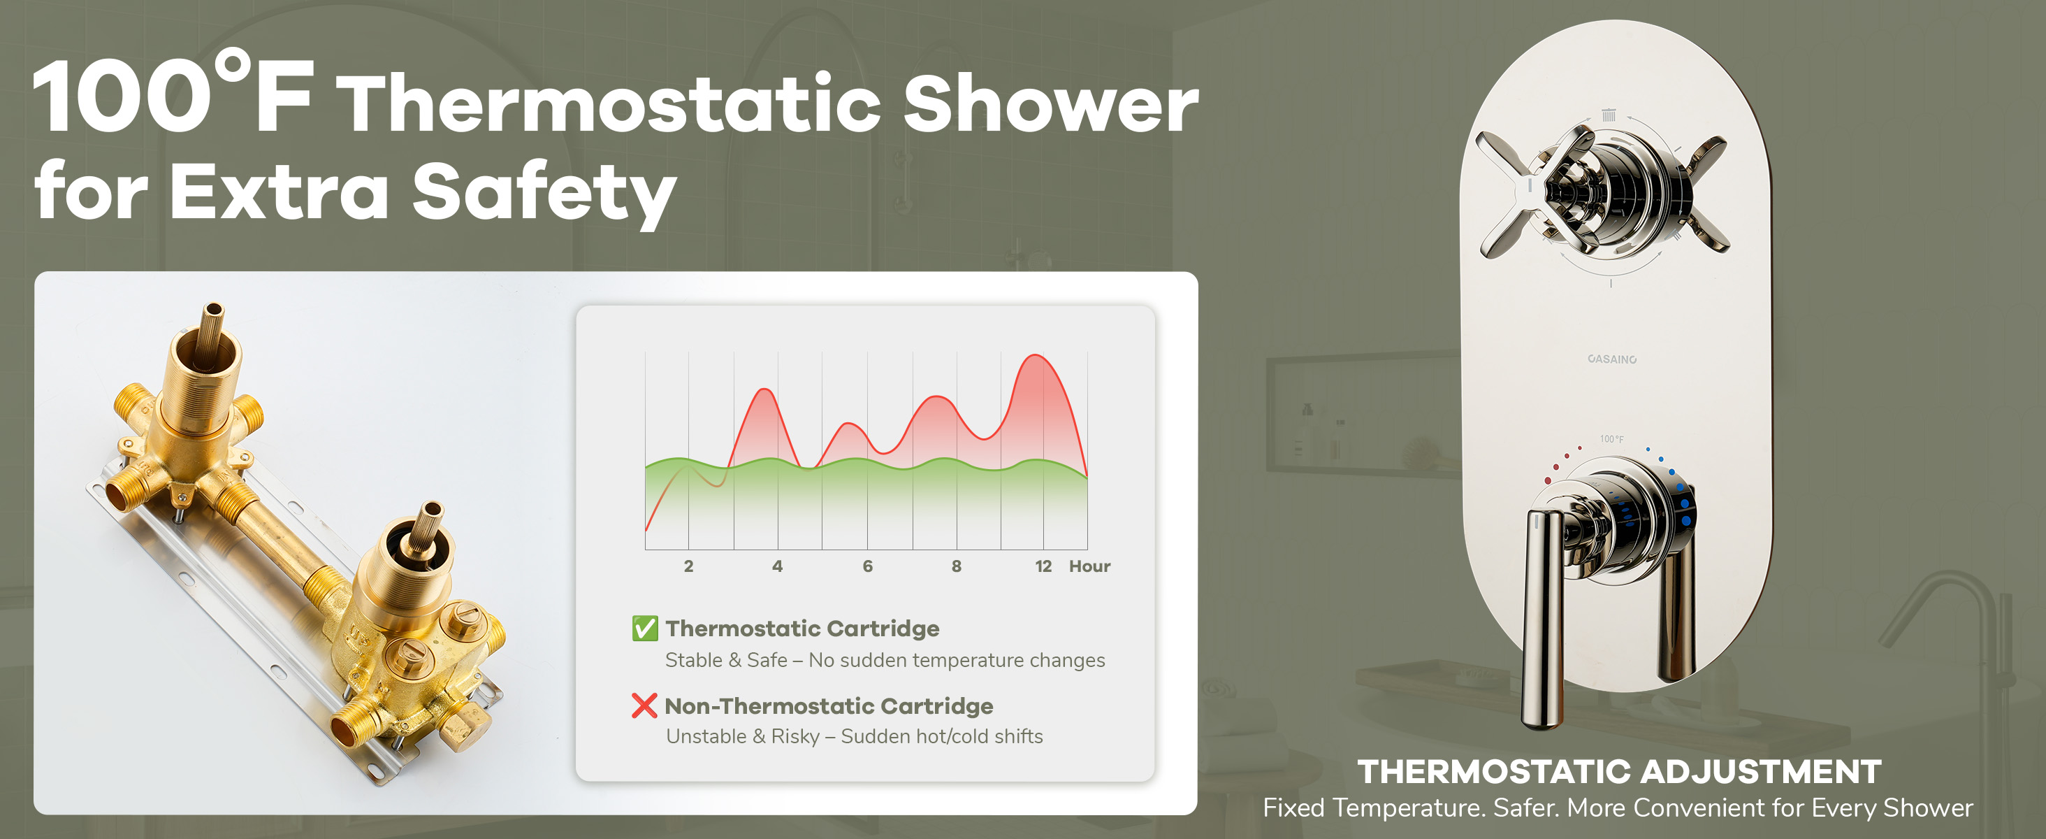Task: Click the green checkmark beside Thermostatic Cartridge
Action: (x=645, y=628)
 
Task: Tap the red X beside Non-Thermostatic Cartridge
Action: (x=644, y=705)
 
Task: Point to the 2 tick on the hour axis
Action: (x=688, y=566)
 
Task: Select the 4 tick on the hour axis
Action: (x=778, y=566)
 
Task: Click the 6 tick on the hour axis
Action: (x=867, y=566)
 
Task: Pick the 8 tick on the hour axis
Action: (x=957, y=566)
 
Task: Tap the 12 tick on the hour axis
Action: (x=1043, y=566)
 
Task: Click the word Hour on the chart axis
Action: (x=1089, y=566)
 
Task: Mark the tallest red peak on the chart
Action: (x=1036, y=355)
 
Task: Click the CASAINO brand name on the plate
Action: (x=1611, y=359)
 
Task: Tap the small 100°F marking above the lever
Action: (x=1611, y=438)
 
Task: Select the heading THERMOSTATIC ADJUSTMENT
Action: (x=1618, y=771)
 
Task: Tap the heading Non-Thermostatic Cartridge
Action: (x=829, y=705)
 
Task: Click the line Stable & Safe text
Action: (x=885, y=660)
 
